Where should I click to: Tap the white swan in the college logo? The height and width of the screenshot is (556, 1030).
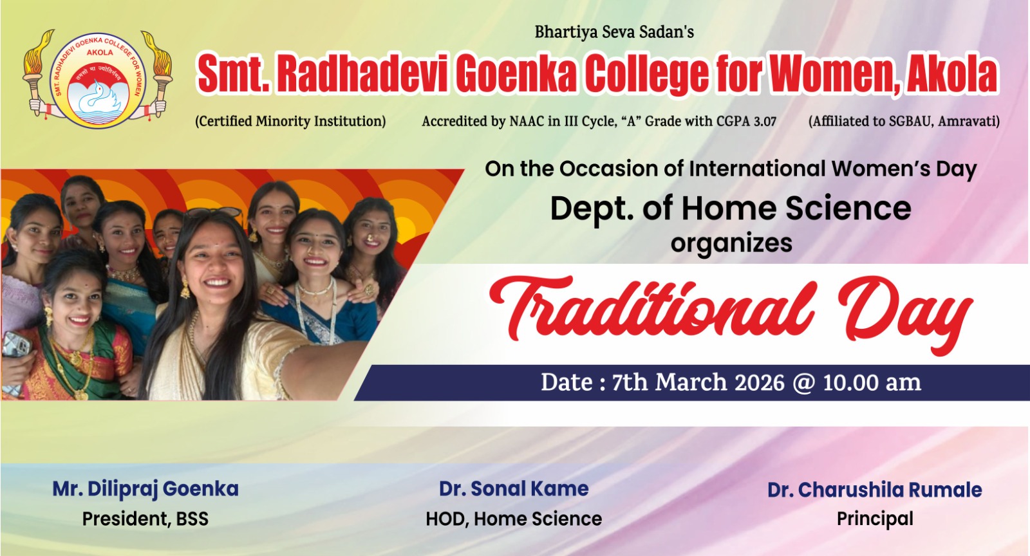[x=97, y=99]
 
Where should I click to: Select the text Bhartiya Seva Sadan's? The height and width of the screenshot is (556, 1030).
[x=614, y=32]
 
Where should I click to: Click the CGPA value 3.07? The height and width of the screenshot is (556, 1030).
[x=765, y=122]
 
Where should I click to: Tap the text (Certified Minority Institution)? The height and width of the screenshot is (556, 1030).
[x=290, y=122]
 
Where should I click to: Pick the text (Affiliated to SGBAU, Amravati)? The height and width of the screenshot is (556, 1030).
[x=904, y=122]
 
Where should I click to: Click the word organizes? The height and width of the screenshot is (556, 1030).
[x=731, y=243]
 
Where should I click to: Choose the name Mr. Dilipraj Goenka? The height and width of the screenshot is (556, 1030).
[x=145, y=489]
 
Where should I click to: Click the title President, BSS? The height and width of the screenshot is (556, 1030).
[x=145, y=519]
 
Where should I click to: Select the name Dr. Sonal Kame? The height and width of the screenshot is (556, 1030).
[x=514, y=489]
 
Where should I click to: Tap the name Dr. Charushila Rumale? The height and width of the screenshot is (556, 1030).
[x=875, y=490]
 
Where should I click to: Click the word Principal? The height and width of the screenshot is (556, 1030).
[x=875, y=519]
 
